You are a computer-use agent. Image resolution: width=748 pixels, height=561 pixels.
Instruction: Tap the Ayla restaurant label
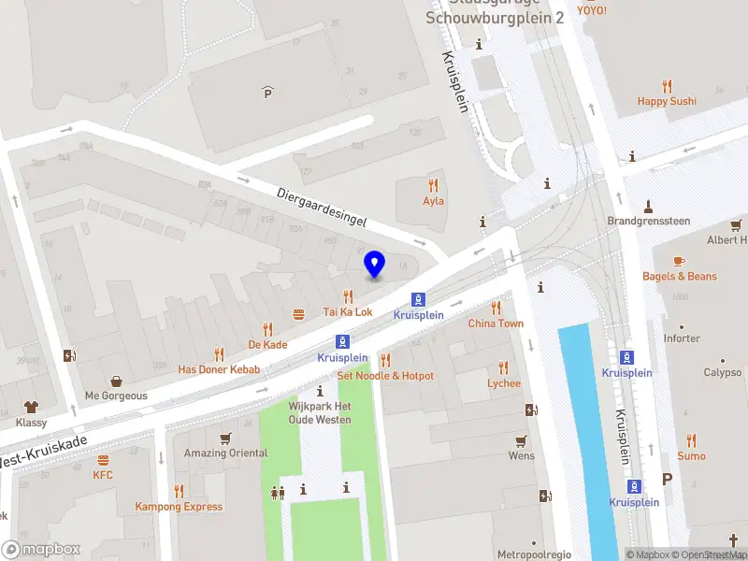433,201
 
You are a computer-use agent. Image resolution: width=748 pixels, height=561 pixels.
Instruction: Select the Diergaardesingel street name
321,205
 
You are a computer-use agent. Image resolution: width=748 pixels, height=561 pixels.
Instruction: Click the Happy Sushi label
667,101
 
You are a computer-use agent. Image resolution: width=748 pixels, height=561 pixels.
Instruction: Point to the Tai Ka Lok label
348,312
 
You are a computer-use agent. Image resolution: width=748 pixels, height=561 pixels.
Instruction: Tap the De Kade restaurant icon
267,329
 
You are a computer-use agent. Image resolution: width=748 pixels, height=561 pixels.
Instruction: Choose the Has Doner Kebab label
219,369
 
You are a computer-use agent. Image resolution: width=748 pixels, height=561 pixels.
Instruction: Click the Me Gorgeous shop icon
116,381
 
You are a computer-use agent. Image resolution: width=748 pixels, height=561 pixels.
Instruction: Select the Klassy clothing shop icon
31,408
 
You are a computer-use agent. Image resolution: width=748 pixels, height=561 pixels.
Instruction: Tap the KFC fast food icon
103,460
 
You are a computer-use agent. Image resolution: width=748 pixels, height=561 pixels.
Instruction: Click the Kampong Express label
179,507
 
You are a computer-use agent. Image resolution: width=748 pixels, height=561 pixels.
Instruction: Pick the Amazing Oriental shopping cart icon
225,438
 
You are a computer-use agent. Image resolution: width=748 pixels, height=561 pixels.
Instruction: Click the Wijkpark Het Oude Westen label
320,412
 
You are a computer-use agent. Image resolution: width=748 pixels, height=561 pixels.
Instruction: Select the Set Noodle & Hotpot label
385,376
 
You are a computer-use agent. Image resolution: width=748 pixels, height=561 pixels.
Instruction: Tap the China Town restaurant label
496,324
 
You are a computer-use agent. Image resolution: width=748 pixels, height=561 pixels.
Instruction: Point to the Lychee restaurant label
503,383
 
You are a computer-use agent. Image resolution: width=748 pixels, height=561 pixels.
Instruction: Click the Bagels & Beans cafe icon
679,261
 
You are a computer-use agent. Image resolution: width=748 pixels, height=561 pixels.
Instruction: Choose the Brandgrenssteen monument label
648,221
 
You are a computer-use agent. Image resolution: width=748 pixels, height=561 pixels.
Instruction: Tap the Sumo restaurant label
691,456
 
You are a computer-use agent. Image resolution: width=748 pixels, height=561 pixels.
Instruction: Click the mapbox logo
41,549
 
